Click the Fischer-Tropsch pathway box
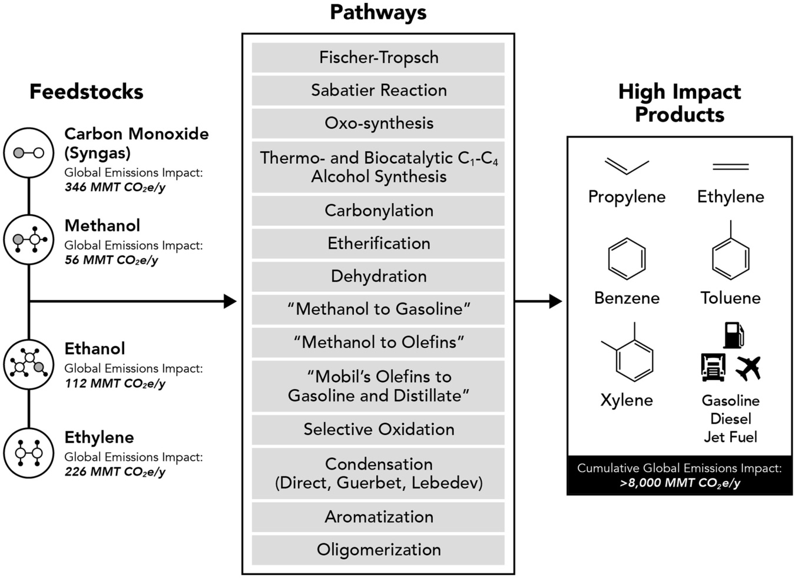378,58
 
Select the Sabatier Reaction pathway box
378,91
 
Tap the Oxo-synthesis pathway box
378,124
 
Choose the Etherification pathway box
378,244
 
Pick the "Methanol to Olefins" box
378,343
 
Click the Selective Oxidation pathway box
378,430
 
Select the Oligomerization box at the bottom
378,550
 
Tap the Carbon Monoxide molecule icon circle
29,153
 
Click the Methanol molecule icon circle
29,240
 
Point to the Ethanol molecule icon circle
29,364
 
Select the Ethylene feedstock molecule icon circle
29,453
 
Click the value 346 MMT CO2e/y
115,188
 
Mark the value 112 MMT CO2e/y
115,384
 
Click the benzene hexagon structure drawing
627,258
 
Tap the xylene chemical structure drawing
630,355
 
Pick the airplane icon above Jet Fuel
748,368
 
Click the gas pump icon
733,335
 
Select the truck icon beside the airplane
713,367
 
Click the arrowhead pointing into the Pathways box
230,301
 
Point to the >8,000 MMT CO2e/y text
680,483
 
